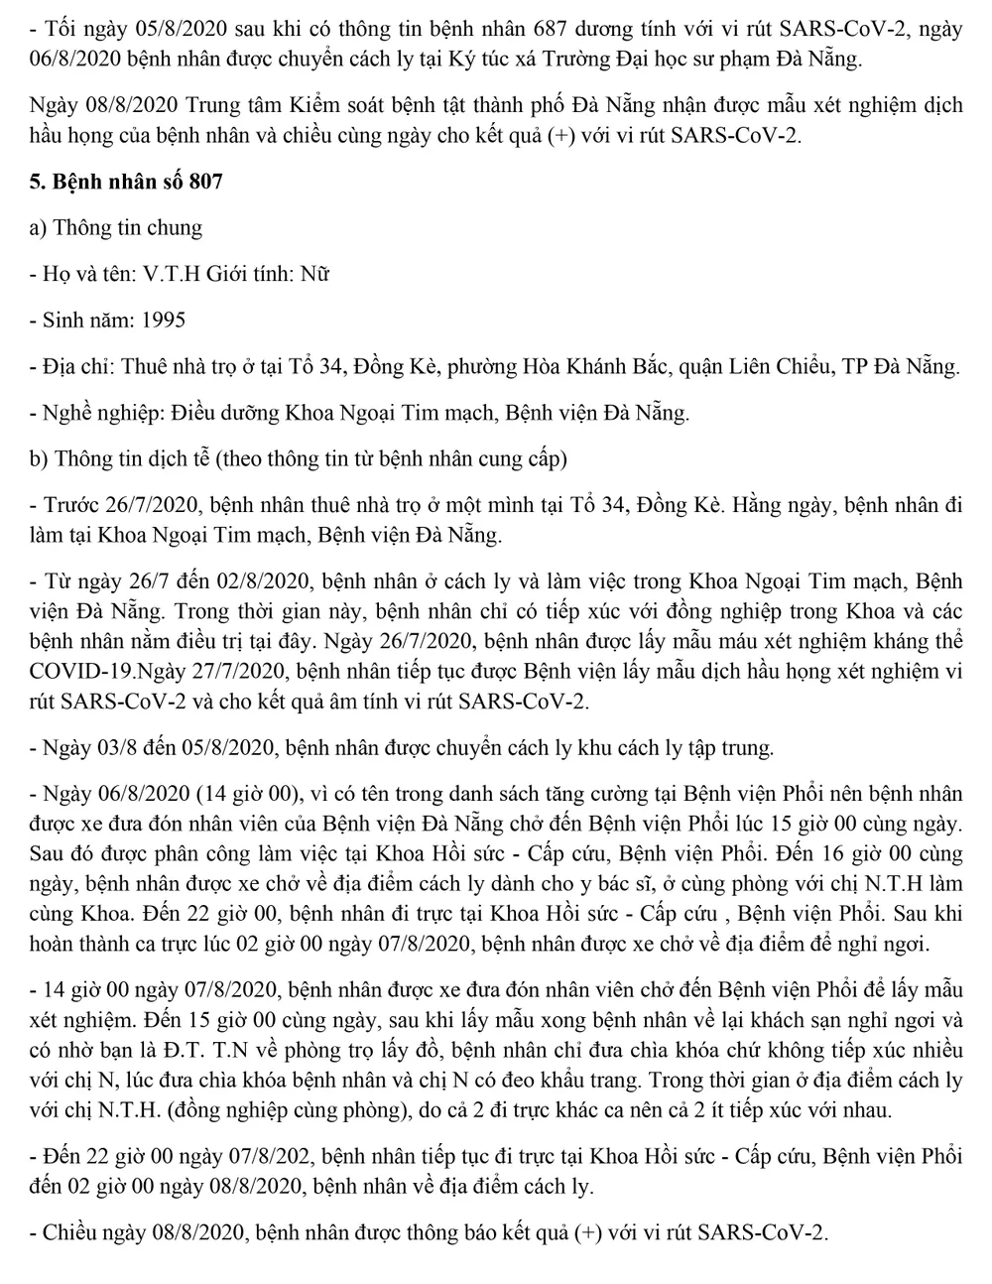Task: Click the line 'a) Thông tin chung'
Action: click(117, 227)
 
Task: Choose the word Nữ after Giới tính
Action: click(312, 273)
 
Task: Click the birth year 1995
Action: click(163, 320)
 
